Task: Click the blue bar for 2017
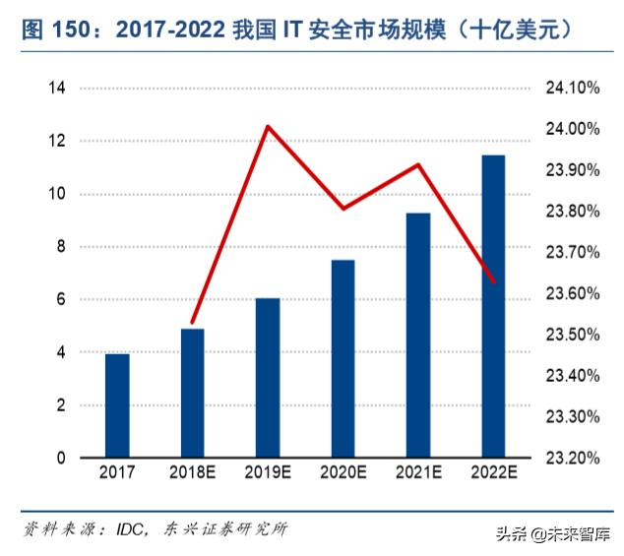(x=117, y=405)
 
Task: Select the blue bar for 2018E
(x=192, y=393)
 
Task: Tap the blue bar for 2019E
(x=268, y=378)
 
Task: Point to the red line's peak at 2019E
(x=268, y=126)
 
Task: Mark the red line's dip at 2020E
(x=343, y=209)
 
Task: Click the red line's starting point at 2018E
(x=193, y=322)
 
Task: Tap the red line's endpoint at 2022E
(x=493, y=282)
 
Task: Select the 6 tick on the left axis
(x=61, y=299)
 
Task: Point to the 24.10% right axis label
(x=572, y=89)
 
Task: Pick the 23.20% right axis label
(x=572, y=458)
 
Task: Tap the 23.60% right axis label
(x=572, y=293)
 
